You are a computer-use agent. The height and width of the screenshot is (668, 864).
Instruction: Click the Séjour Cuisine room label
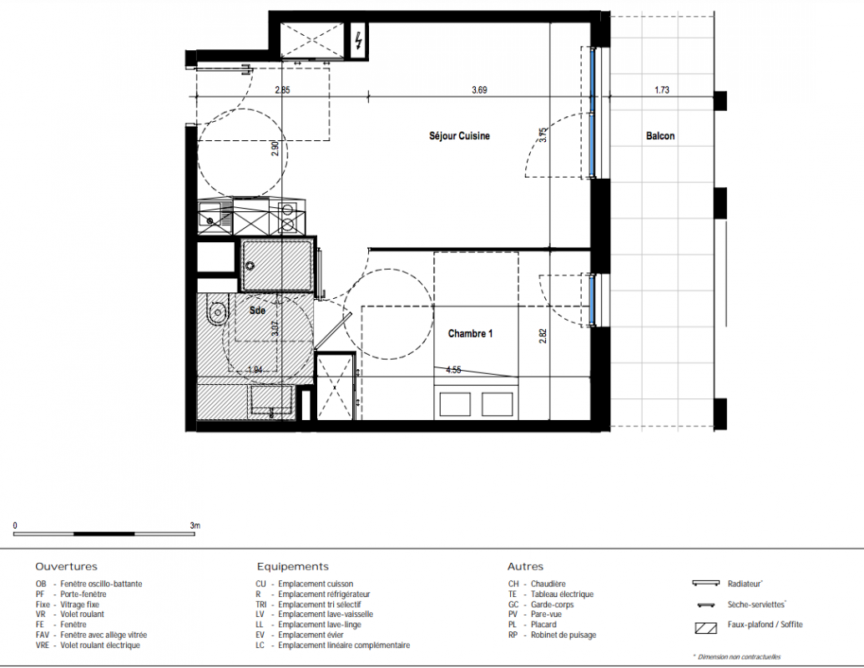(x=459, y=135)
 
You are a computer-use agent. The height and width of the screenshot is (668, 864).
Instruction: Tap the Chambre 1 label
(x=470, y=333)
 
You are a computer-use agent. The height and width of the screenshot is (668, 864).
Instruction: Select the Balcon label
(x=660, y=135)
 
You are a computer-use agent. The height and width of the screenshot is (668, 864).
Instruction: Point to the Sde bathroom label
(x=257, y=311)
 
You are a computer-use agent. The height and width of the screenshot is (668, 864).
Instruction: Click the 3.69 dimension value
(x=479, y=90)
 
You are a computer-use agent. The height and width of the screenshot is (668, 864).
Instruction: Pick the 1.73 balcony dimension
(x=662, y=90)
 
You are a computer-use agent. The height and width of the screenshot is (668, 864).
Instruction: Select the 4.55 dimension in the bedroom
(x=453, y=370)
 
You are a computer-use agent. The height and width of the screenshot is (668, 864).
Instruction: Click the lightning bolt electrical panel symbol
(x=359, y=41)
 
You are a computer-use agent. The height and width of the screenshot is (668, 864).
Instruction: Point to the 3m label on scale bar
(x=195, y=525)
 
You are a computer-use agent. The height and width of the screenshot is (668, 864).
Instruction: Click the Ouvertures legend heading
(x=66, y=567)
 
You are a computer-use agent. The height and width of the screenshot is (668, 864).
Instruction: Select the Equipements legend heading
(x=293, y=567)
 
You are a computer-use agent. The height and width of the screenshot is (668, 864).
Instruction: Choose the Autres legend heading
(x=525, y=567)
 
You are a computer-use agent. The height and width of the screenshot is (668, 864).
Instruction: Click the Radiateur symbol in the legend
(x=706, y=583)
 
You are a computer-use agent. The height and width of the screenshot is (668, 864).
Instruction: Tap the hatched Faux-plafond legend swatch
(x=706, y=627)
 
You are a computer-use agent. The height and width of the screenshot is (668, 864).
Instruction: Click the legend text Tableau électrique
(x=562, y=595)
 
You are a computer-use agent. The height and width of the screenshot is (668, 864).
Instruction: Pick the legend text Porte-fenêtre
(x=83, y=595)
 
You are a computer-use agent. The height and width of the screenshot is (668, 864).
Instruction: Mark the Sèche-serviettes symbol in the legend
(x=706, y=605)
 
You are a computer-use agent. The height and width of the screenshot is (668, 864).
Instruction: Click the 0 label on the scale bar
(x=15, y=525)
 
